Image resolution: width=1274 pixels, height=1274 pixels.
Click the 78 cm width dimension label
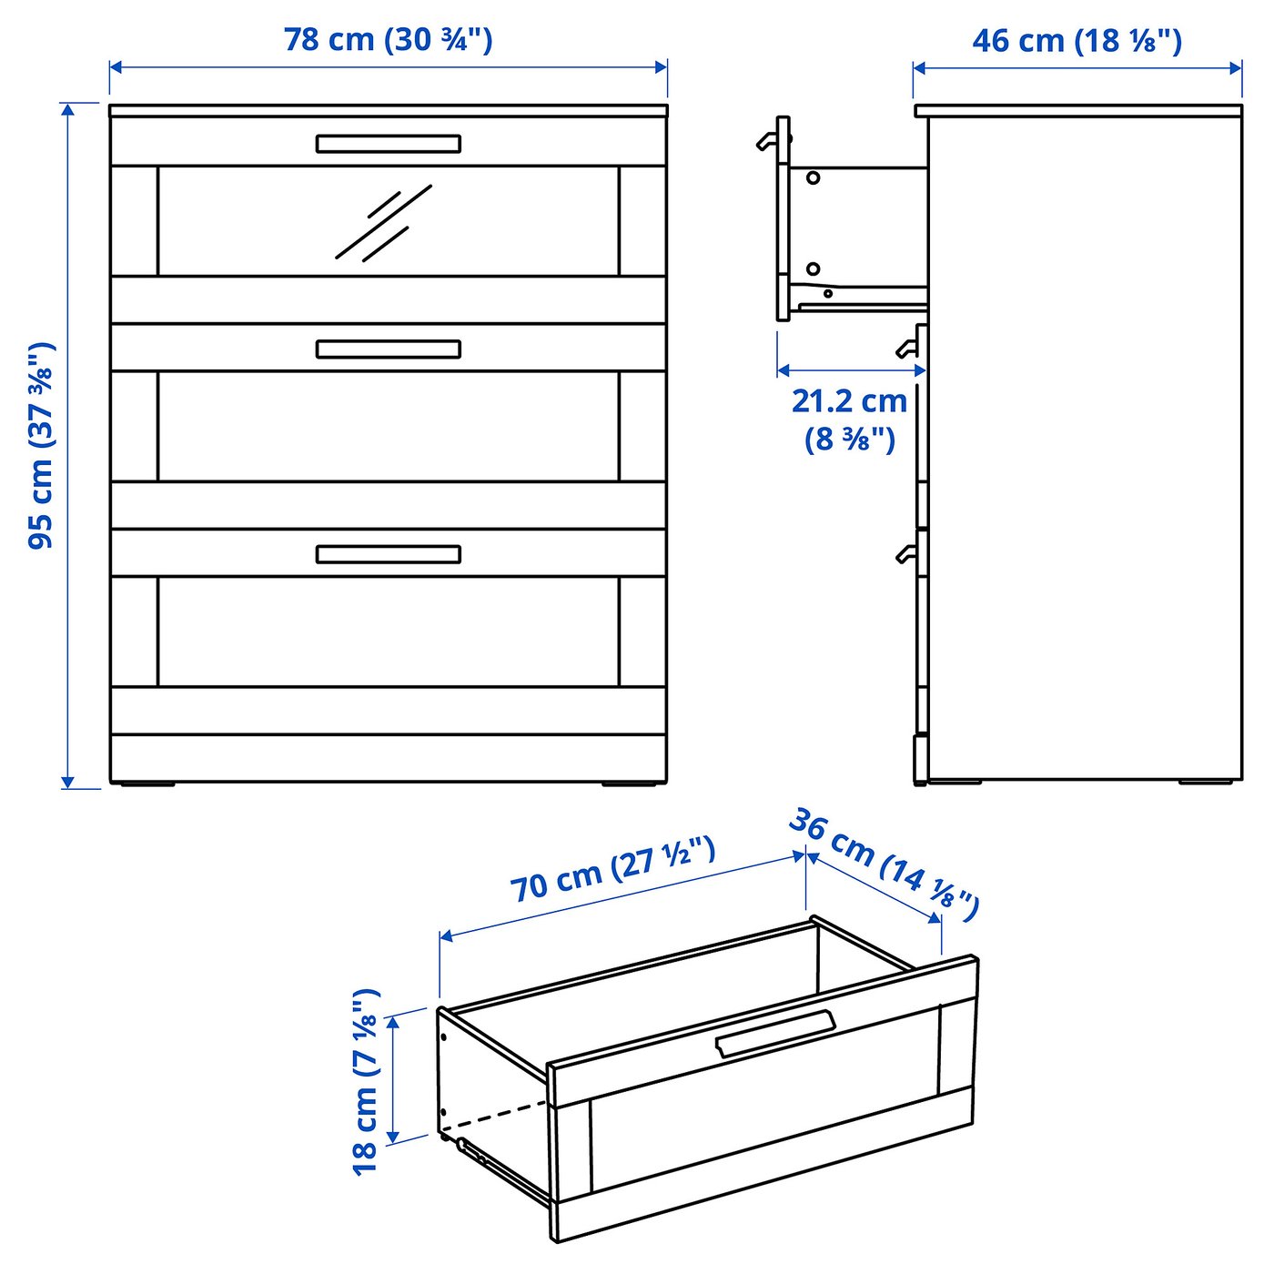click(388, 40)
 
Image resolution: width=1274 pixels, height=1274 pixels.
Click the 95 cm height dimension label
click(42, 446)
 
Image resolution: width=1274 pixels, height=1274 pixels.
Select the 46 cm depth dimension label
click(1077, 41)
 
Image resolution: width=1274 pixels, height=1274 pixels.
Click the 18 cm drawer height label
click(366, 1081)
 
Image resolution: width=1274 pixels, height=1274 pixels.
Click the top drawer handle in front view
click(389, 144)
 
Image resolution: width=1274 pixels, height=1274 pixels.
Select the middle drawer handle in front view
click(389, 349)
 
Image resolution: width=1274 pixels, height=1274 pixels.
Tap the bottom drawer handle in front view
click(389, 554)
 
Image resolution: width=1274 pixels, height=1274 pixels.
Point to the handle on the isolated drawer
click(775, 1034)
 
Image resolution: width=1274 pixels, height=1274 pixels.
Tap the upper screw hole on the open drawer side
click(813, 177)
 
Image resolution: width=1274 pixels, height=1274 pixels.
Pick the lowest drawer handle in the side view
click(905, 553)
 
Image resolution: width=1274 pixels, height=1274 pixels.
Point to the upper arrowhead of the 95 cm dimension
click(67, 110)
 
